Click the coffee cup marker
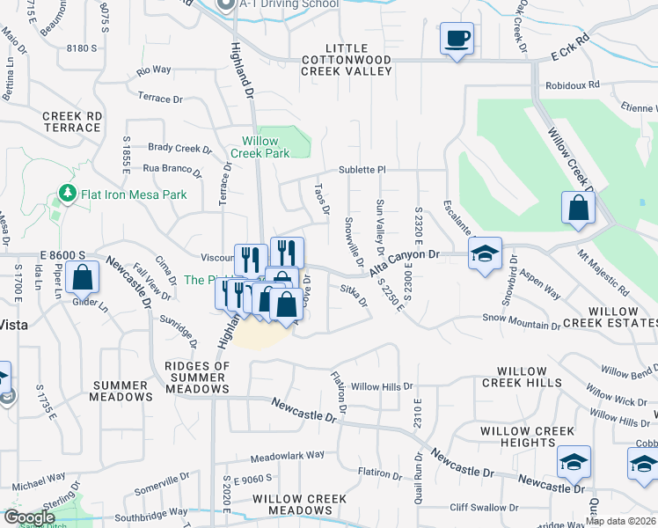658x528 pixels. point(457,39)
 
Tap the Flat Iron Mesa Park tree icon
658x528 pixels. point(64,192)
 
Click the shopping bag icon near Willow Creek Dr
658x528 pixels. point(579,209)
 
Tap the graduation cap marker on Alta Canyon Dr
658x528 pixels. point(485,253)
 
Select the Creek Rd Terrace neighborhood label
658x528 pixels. point(71,121)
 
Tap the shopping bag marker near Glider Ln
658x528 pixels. point(81,277)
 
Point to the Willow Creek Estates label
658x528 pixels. point(612,318)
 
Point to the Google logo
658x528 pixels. point(29,517)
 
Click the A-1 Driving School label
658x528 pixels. point(289,4)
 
